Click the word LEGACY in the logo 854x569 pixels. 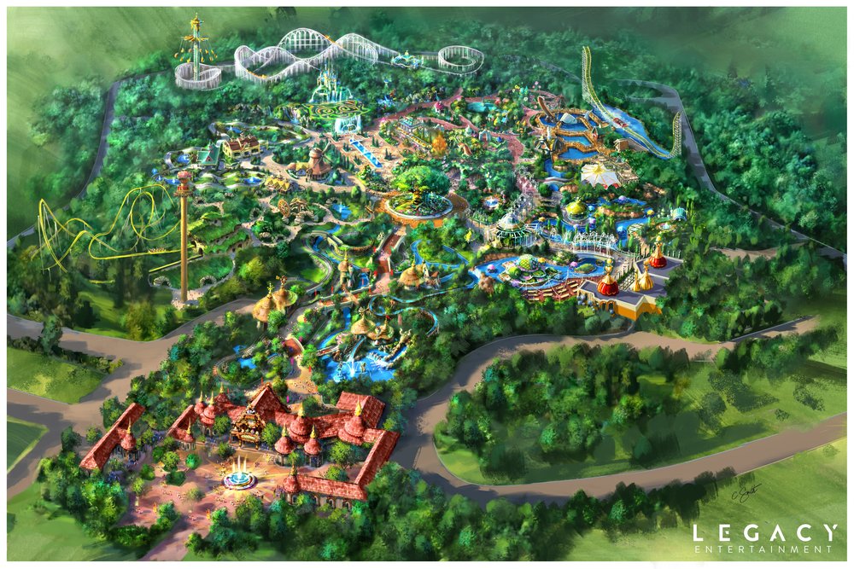764,532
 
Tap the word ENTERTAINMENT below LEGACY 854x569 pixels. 764,551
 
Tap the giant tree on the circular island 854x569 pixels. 418,183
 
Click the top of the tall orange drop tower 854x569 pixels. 184,178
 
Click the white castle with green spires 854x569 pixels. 329,85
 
